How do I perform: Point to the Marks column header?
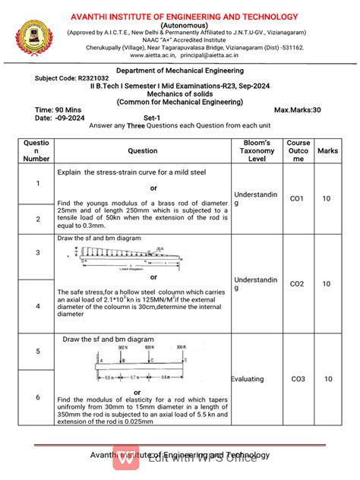coord(327,151)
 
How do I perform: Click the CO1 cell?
coord(297,198)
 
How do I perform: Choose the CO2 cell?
coord(297,283)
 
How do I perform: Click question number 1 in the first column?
coord(37,183)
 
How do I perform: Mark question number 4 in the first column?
coord(37,307)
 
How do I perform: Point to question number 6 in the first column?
coord(37,397)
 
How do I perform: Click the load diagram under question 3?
coord(125,256)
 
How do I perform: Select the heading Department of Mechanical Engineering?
coord(179,68)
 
